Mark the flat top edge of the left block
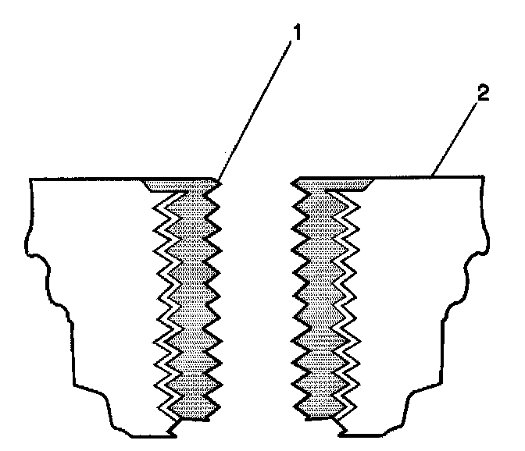(x=86, y=179)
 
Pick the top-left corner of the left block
(x=30, y=180)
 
